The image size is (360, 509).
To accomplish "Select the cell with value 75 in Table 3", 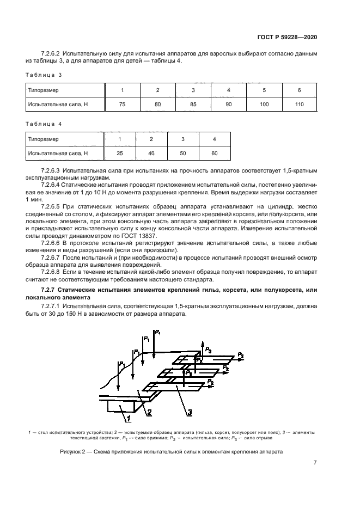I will pos(122,104).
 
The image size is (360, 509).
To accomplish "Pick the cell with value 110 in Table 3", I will pos(299,104).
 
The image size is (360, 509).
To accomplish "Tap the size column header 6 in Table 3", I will pos(299,90).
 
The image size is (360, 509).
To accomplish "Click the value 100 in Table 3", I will pos(264,104).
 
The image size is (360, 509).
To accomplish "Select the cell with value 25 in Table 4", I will pos(120,154).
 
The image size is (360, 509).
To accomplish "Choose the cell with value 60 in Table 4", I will pos(215,154).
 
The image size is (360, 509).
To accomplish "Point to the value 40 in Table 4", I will pos(151,154).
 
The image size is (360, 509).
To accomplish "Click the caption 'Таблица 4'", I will pos(44,124).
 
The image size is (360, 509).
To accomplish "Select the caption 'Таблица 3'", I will pos(44,75).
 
